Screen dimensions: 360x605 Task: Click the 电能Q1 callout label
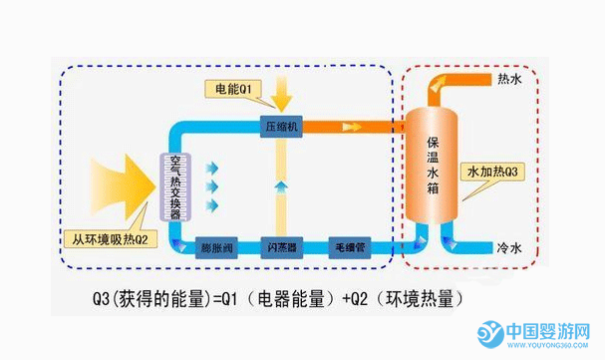[x=237, y=89]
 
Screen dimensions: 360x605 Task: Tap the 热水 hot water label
[x=510, y=78]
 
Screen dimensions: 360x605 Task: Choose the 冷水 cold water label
[x=510, y=244]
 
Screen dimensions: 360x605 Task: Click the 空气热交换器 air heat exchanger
[x=174, y=186]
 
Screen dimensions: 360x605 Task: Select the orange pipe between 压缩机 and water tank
[x=349, y=127]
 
